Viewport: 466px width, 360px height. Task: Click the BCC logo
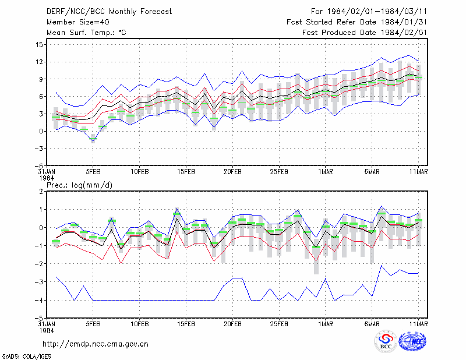[x=386, y=342]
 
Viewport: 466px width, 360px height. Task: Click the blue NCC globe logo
[x=412, y=341]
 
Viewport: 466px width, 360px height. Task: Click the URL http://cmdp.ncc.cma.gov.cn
[x=96, y=344]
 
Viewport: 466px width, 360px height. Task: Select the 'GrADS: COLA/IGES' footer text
[x=26, y=357]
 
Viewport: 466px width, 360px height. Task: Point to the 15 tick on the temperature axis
[x=39, y=45]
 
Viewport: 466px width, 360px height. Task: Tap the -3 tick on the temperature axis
[x=38, y=149]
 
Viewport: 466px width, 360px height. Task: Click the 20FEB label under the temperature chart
[x=232, y=172]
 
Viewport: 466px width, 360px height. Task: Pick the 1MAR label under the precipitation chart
[x=326, y=324]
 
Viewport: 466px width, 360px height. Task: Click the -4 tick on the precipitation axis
[x=38, y=300]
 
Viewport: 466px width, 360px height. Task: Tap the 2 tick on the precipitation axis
[x=41, y=192]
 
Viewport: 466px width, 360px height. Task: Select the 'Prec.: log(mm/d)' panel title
[x=79, y=185]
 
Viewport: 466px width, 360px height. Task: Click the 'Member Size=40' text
[x=78, y=22]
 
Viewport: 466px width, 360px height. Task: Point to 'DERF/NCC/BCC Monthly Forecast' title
[x=109, y=12]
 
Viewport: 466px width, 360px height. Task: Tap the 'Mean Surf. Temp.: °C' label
[x=86, y=33]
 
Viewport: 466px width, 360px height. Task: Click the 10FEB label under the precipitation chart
[x=139, y=324]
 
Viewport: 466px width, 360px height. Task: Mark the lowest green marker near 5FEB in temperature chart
[x=93, y=139]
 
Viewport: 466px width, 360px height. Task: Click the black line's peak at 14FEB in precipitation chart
[x=177, y=218]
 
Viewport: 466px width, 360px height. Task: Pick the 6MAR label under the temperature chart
[x=372, y=172]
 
